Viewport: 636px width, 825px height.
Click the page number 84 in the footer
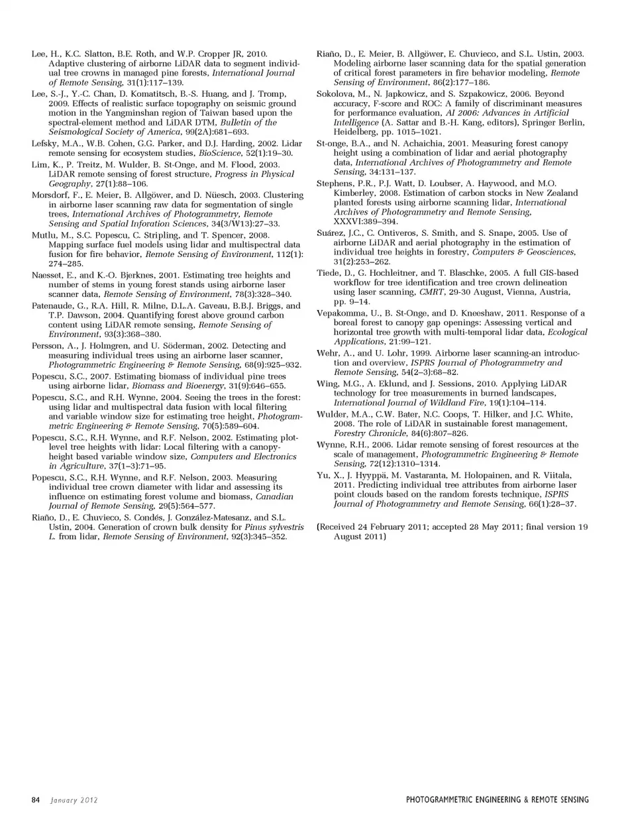(36, 800)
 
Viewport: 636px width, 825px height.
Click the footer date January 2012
(74, 800)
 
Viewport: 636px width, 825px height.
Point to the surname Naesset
(47, 275)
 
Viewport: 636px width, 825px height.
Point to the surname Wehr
(327, 353)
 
